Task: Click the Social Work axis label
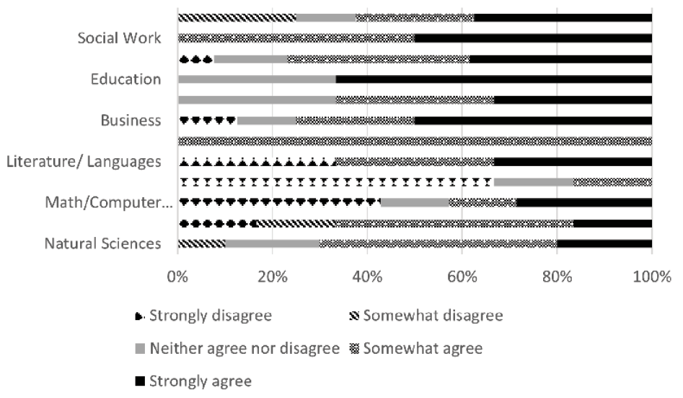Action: (119, 38)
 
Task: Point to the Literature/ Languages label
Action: (83, 161)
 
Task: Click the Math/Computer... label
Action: (107, 202)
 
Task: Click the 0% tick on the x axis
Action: (177, 277)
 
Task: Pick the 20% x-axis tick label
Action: (272, 277)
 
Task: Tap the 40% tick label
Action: (367, 277)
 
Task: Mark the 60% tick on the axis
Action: (462, 277)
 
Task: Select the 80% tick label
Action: (557, 277)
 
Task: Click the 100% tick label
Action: (651, 277)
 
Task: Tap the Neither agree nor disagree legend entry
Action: (237, 349)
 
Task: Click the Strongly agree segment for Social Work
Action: (533, 38)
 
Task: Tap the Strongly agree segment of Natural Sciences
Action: (604, 243)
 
